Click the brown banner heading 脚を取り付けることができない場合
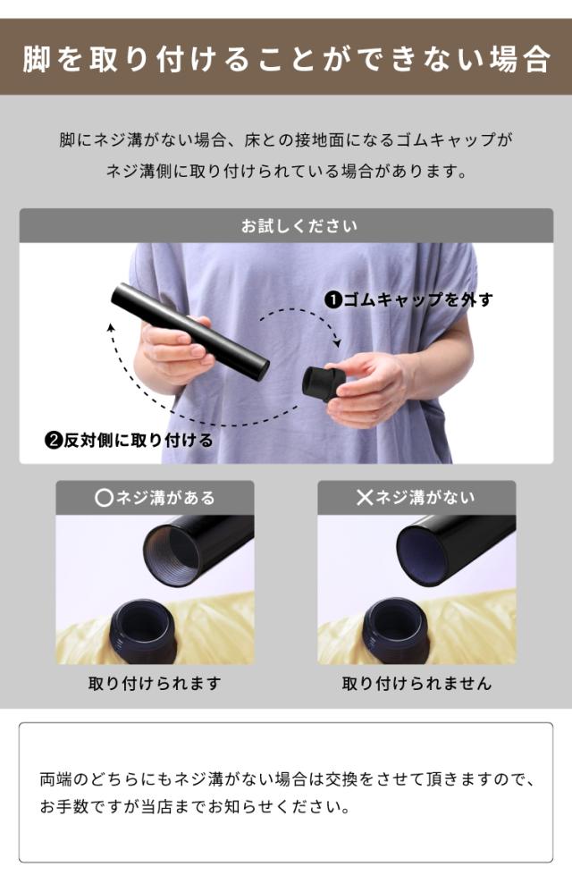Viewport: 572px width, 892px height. click(x=286, y=59)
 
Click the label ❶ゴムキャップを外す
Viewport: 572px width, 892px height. click(x=408, y=299)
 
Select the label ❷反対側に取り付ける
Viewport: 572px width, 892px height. click(x=129, y=440)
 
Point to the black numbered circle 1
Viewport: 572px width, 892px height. click(x=332, y=299)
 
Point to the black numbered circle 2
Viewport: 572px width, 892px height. click(x=54, y=441)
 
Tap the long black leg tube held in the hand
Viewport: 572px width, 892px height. click(x=189, y=332)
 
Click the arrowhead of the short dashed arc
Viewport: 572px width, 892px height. click(x=338, y=343)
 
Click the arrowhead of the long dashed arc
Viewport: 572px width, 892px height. click(x=111, y=326)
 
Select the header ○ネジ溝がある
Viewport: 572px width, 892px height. click(x=155, y=498)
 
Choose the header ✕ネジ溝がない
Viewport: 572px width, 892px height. click(x=416, y=498)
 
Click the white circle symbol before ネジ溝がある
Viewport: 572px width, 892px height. click(x=104, y=499)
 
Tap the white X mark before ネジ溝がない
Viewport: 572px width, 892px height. click(x=365, y=498)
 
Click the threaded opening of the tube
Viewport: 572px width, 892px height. click(x=172, y=553)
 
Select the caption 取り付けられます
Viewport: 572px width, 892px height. click(x=155, y=683)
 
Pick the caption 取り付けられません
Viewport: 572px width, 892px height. click(x=416, y=683)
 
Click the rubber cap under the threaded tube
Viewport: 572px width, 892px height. click(x=143, y=631)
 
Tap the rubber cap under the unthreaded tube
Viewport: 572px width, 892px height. click(x=396, y=630)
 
